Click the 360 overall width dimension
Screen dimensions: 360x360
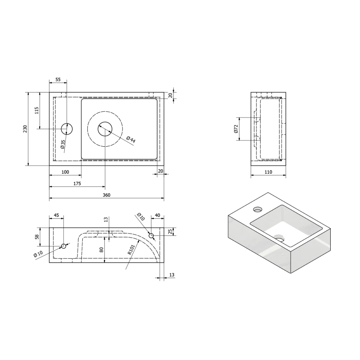pos(107,195)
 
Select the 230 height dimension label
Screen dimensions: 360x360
pos(25,129)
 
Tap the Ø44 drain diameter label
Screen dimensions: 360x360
pos(131,139)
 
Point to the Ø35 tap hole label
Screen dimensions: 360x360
pos(63,144)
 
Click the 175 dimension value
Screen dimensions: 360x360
pos(77,184)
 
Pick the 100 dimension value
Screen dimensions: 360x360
pos(65,172)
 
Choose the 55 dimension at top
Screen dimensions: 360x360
pos(58,80)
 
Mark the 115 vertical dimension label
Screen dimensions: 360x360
pos(37,110)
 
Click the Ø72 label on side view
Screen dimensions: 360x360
pos(236,129)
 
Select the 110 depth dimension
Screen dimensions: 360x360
pos(268,172)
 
